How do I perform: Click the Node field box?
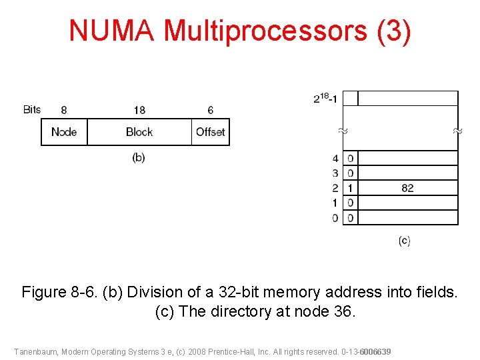tap(64, 132)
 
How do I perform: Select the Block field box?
tap(139, 132)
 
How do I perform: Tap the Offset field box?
tap(211, 132)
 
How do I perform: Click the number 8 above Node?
tap(63, 110)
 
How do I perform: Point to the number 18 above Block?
tap(139, 110)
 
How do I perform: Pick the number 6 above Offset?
tap(211, 110)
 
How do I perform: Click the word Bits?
tap(32, 109)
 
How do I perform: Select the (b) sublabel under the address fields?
tap(139, 158)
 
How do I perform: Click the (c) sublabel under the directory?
tap(404, 241)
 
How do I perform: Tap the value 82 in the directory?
tap(407, 188)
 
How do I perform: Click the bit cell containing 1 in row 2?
tap(351, 188)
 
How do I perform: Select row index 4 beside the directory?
tap(335, 159)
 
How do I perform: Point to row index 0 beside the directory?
tap(335, 218)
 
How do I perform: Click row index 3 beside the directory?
tap(335, 173)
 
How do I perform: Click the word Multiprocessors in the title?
tap(265, 31)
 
